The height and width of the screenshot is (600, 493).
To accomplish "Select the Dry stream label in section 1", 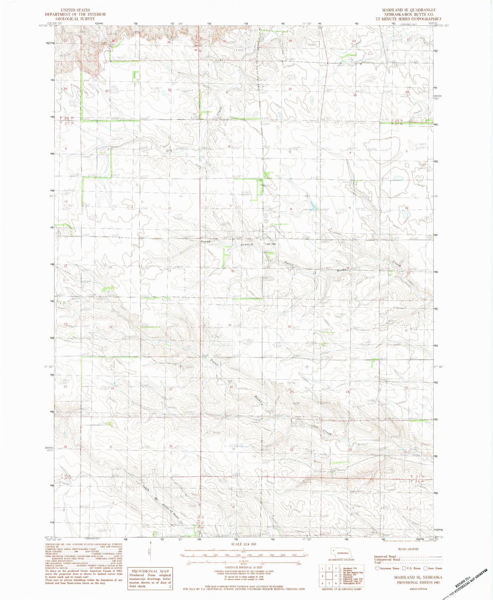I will pyautogui.click(x=168, y=150).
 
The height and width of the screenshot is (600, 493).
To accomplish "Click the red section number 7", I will pyautogui.click(x=231, y=206).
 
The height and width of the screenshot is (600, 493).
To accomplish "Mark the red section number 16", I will pyautogui.click(x=348, y=268).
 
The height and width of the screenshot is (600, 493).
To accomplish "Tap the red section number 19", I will pyautogui.click(x=230, y=326).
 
